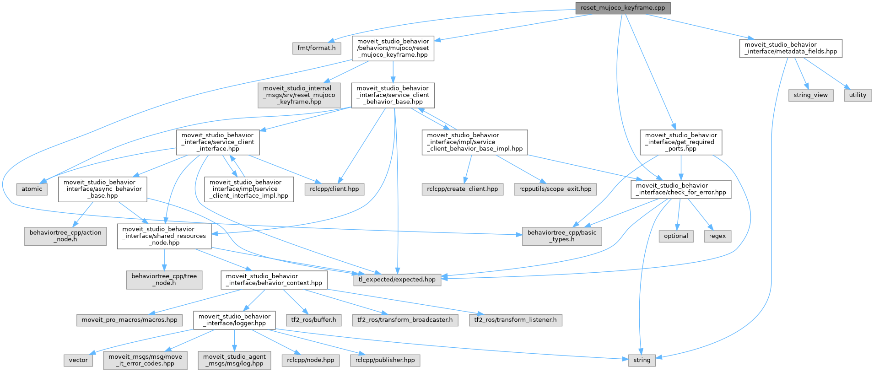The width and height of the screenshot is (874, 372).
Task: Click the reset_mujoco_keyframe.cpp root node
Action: click(622, 8)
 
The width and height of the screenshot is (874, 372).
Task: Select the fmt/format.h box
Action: click(316, 48)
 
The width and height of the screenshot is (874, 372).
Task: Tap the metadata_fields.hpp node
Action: click(790, 48)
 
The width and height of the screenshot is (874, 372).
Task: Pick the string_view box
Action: click(810, 95)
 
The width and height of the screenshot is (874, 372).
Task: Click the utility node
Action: click(858, 95)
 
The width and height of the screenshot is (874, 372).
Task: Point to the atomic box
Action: click(32, 189)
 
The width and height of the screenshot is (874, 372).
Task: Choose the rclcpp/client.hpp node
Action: click(334, 189)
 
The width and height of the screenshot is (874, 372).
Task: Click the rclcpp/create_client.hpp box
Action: click(462, 189)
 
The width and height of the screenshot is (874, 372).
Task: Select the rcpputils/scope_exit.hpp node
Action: click(555, 189)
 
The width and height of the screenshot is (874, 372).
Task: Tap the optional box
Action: click(676, 236)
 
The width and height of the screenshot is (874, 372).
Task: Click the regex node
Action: click(717, 236)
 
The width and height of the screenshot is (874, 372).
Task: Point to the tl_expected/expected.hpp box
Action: click(397, 280)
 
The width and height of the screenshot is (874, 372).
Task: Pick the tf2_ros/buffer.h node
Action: click(313, 320)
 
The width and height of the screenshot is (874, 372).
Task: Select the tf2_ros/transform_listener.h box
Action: click(515, 320)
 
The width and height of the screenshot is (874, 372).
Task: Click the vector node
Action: click(78, 360)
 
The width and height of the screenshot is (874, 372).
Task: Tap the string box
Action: click(642, 360)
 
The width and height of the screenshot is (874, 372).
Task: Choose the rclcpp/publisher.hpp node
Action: click(385, 360)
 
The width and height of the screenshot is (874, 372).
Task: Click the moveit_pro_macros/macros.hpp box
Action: click(129, 320)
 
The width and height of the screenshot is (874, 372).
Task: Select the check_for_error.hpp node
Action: click(680, 189)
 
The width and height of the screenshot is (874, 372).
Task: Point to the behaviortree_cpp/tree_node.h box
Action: click(164, 280)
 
